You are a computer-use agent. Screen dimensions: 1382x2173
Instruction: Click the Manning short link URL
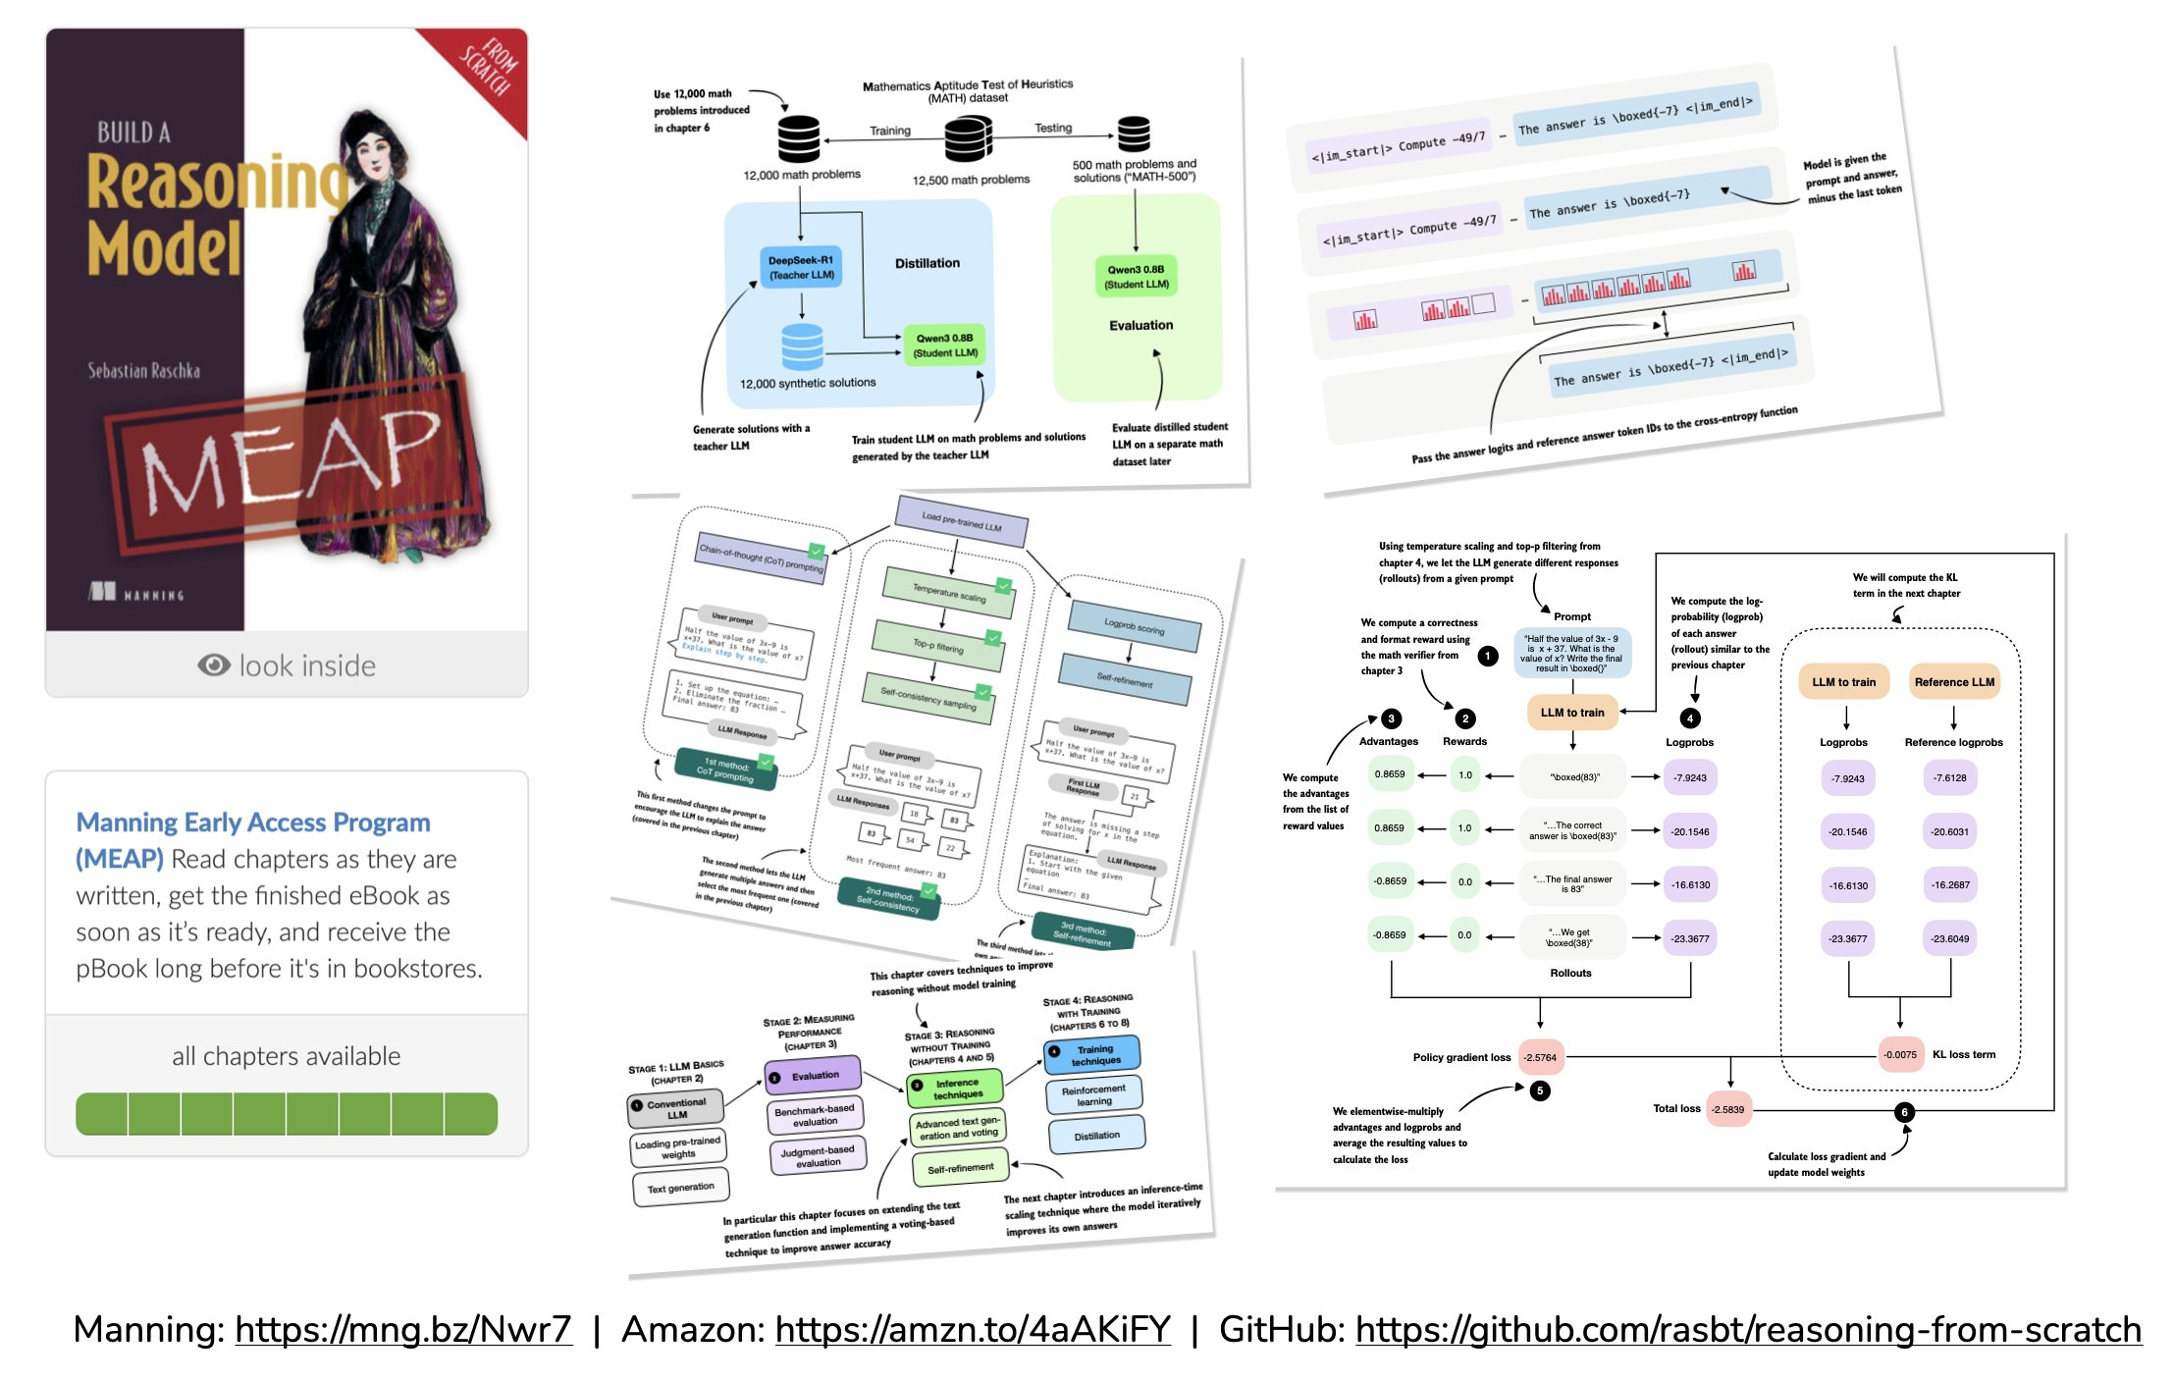point(403,1330)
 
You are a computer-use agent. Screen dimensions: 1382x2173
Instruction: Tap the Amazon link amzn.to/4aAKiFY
point(973,1330)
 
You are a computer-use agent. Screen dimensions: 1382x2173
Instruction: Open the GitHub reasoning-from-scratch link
point(1748,1330)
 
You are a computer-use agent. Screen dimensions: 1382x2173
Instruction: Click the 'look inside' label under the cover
point(307,666)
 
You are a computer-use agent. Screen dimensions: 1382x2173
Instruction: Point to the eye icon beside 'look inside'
point(214,665)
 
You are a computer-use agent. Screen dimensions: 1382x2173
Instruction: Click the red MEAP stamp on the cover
point(294,461)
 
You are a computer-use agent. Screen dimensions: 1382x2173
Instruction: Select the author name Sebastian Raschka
point(144,371)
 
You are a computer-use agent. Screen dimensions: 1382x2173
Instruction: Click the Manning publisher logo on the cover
point(136,593)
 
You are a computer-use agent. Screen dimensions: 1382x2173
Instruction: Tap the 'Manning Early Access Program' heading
point(253,823)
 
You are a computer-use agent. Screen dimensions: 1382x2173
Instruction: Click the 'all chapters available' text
point(286,1056)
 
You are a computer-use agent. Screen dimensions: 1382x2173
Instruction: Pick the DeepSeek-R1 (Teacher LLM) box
point(801,267)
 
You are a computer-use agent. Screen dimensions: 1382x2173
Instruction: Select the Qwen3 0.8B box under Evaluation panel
point(1136,277)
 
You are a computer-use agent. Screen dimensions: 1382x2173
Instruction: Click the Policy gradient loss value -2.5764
point(1540,1057)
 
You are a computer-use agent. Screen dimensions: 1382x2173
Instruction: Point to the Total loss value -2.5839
point(1727,1110)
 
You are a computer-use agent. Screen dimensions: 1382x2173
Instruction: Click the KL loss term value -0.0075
point(1900,1055)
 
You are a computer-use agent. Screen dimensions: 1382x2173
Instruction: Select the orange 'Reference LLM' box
point(1954,682)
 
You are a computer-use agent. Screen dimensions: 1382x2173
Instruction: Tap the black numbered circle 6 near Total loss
point(1904,1112)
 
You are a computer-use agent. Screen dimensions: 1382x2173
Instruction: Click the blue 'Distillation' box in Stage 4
point(1096,1136)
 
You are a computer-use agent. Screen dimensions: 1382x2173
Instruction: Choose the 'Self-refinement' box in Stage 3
point(960,1169)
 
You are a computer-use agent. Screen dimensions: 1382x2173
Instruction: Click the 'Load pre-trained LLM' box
point(962,521)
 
